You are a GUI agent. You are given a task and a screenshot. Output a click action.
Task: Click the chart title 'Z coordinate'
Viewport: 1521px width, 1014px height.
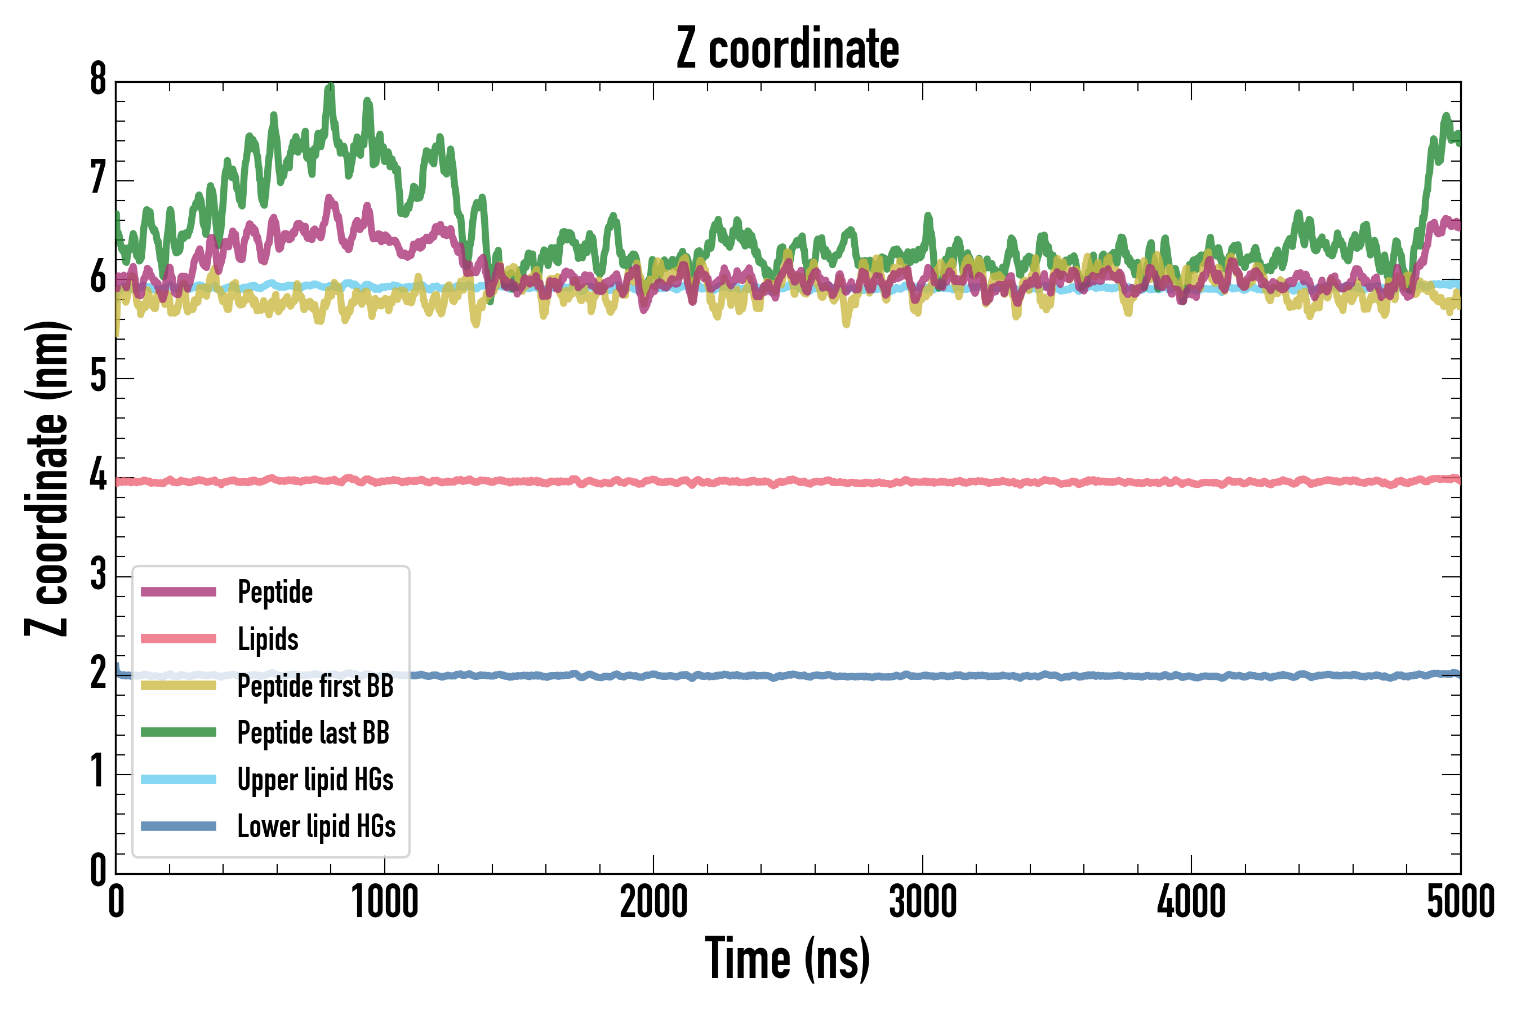click(x=787, y=48)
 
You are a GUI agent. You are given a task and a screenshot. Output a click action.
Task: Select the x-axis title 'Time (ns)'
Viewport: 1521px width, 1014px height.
click(x=787, y=958)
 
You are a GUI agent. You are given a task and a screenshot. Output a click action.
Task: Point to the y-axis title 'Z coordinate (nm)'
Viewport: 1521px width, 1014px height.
click(x=47, y=478)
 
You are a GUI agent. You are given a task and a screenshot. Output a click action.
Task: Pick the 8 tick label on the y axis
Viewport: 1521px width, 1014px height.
click(x=98, y=80)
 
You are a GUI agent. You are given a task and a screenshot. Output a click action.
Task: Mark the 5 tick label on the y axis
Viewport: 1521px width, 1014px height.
click(x=98, y=376)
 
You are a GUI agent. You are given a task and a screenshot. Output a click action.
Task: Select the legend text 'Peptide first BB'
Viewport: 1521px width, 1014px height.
click(x=315, y=686)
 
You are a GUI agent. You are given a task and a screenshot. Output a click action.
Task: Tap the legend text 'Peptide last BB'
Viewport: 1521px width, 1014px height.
click(x=314, y=733)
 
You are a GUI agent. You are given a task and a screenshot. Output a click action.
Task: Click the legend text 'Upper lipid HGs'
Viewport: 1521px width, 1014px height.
click(x=315, y=779)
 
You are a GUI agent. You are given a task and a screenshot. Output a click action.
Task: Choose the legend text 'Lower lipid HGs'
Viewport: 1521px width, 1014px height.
click(x=317, y=826)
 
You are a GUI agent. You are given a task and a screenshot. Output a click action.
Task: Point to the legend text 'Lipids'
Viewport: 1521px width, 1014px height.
click(x=268, y=639)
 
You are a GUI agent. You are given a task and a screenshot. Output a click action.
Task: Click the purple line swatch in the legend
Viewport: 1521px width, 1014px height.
click(x=179, y=591)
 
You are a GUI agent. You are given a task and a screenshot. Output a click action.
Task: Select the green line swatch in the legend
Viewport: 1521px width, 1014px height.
click(x=179, y=732)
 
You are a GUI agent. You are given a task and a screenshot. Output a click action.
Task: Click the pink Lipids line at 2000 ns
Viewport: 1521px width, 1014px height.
click(x=653, y=481)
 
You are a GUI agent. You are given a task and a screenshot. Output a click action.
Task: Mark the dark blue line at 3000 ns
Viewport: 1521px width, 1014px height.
click(x=922, y=676)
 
